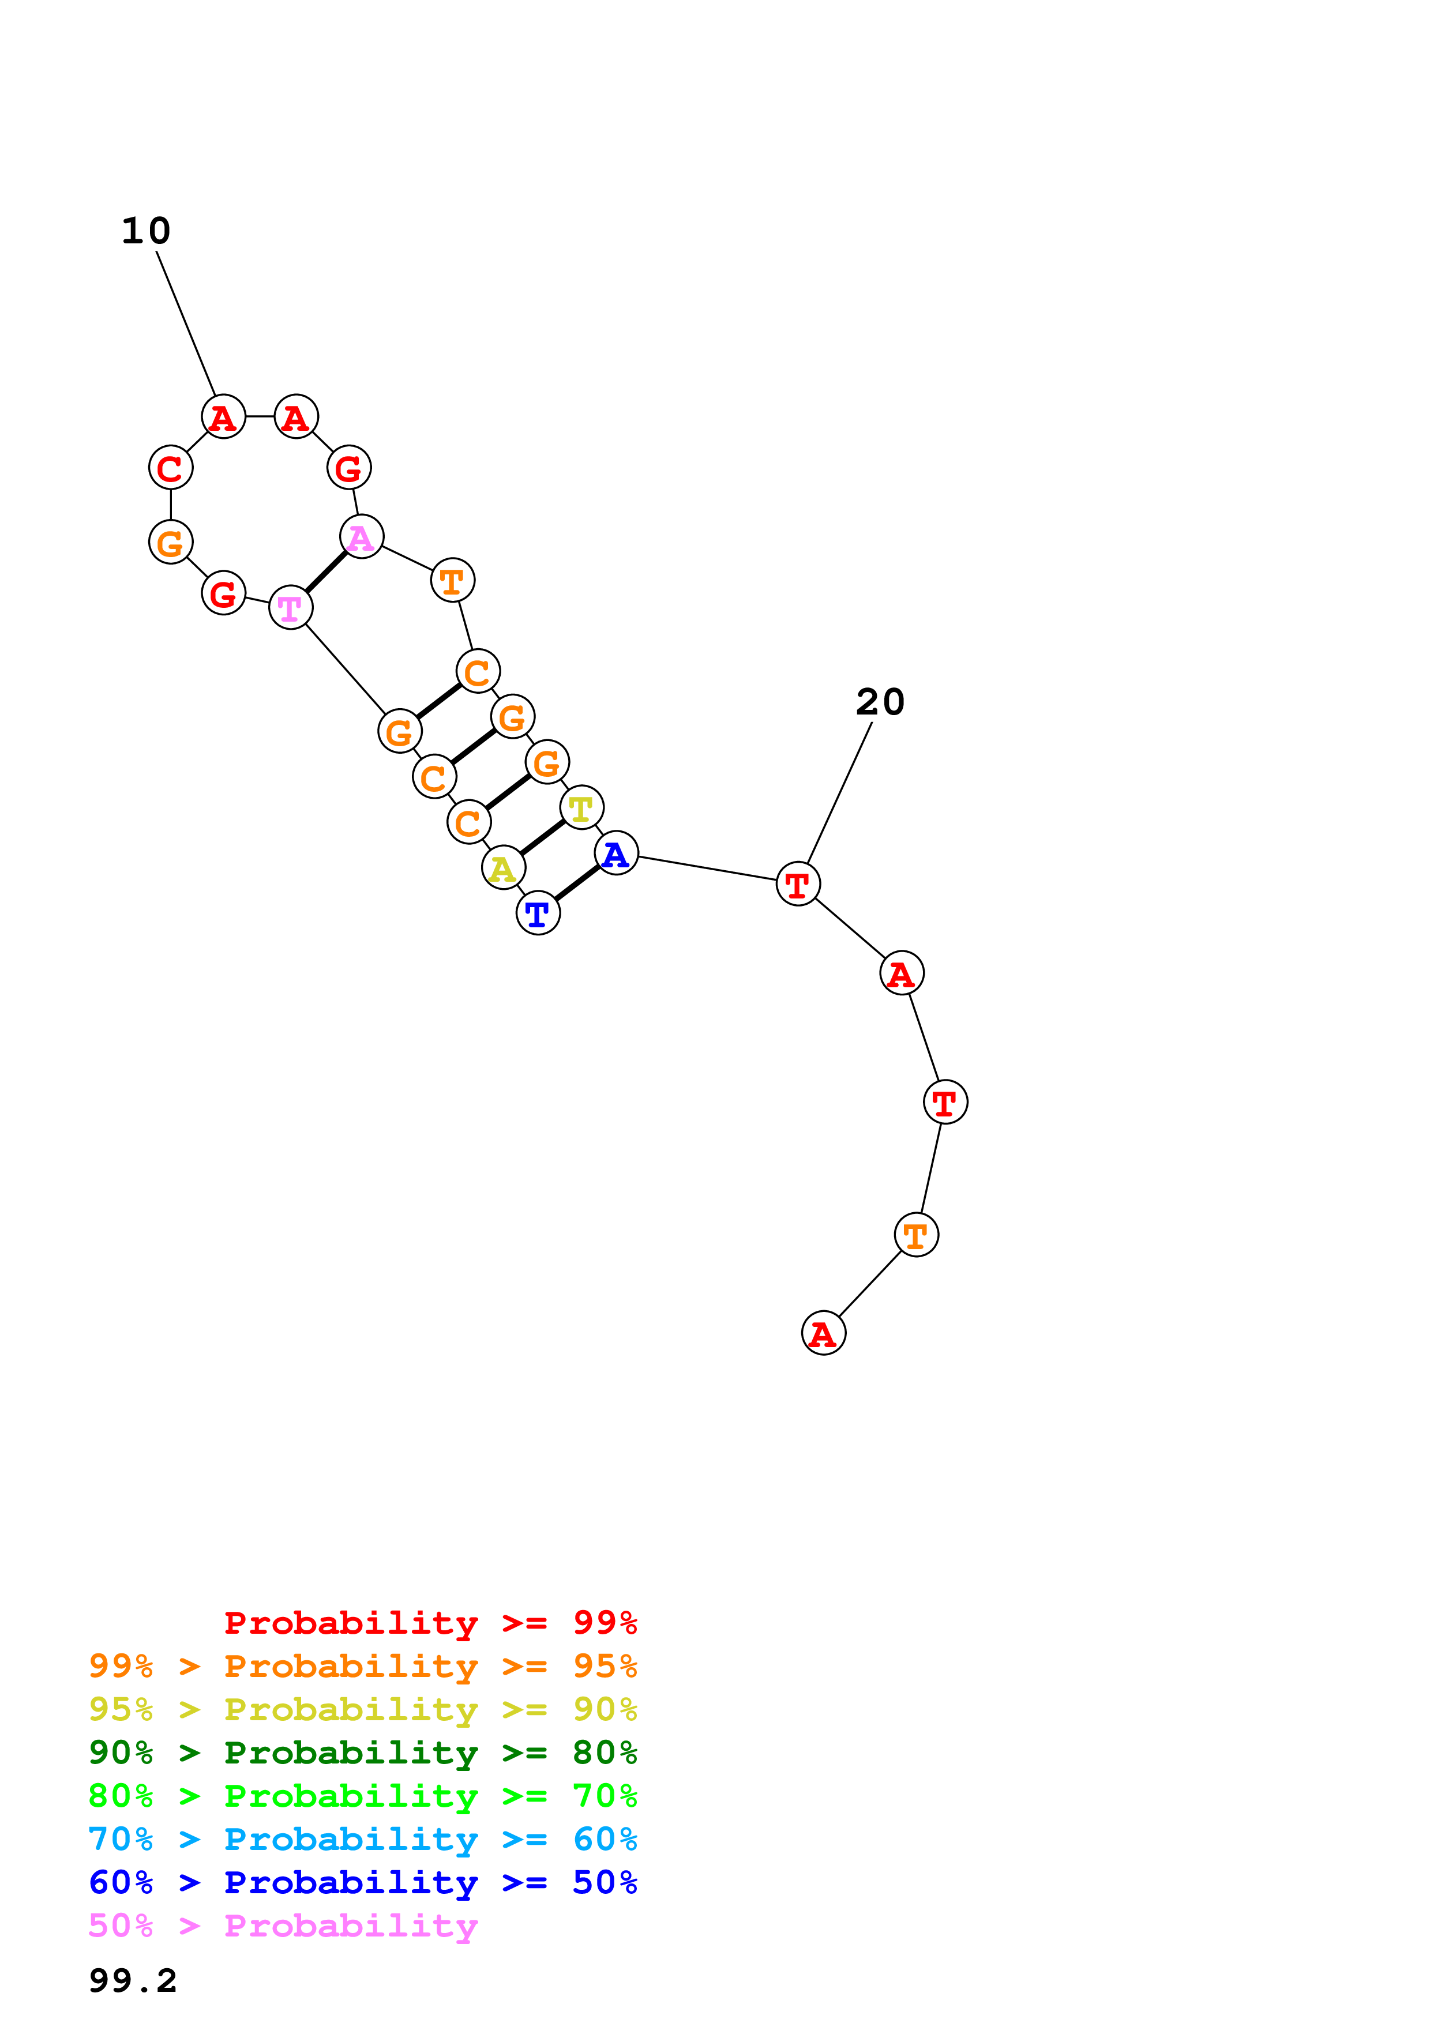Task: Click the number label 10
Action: tap(147, 231)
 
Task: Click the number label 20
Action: tap(880, 702)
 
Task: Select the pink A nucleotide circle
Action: tap(361, 536)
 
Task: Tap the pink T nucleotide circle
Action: tap(291, 607)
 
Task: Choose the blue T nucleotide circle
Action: tap(538, 913)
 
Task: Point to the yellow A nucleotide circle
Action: tap(503, 868)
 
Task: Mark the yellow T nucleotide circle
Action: tap(581, 808)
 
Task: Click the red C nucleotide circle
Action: tap(170, 468)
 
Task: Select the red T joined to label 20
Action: tap(797, 883)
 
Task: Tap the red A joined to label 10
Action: tap(224, 417)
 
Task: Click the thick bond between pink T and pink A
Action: tap(326, 572)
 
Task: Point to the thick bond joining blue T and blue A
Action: tap(577, 883)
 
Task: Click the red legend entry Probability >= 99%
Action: tap(430, 1622)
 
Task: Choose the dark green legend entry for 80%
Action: tap(362, 1753)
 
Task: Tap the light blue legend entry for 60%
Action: tap(362, 1839)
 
